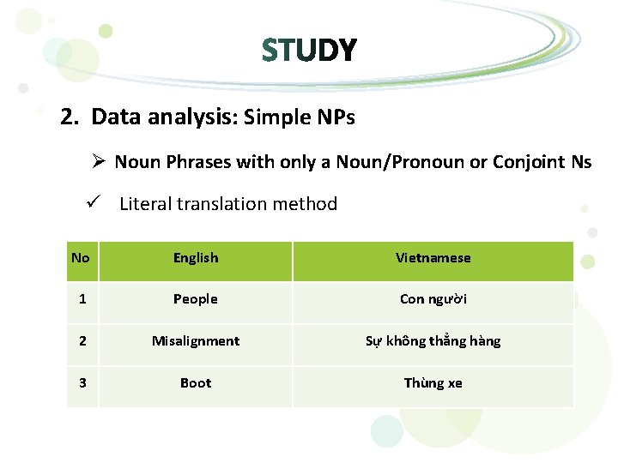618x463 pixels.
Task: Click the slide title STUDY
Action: pyautogui.click(x=309, y=51)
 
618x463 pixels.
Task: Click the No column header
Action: pyautogui.click(x=81, y=258)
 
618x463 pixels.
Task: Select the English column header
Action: pyautogui.click(x=196, y=258)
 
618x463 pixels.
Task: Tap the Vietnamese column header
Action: pyautogui.click(x=433, y=258)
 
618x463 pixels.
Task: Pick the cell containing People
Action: pyautogui.click(x=196, y=299)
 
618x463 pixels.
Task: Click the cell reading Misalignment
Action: pyautogui.click(x=196, y=341)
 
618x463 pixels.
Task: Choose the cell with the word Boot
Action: pyautogui.click(x=196, y=383)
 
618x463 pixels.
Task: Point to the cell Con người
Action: pyautogui.click(x=433, y=299)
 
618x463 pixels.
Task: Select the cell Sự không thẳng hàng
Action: pyautogui.click(x=433, y=341)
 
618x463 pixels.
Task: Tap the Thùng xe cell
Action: pyautogui.click(x=433, y=383)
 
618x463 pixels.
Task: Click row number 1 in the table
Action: pyautogui.click(x=82, y=299)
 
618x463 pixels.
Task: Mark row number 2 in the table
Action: pyautogui.click(x=82, y=341)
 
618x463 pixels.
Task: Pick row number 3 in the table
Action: pyautogui.click(x=82, y=383)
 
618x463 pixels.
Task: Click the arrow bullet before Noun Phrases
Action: pyautogui.click(x=100, y=161)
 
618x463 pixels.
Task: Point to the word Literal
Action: pyautogui.click(x=145, y=204)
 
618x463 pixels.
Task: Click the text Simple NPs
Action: pyautogui.click(x=299, y=117)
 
